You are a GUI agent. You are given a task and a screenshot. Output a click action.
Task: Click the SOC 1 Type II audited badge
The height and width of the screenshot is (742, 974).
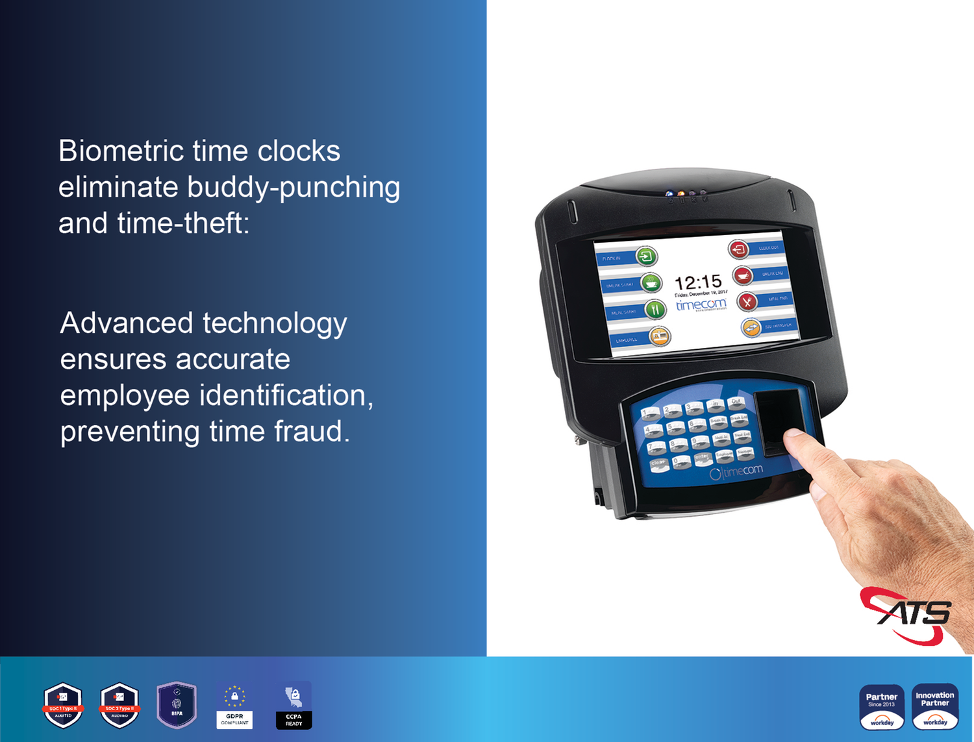click(x=63, y=705)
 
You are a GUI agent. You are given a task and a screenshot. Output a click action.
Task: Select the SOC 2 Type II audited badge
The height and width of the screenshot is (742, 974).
click(x=119, y=705)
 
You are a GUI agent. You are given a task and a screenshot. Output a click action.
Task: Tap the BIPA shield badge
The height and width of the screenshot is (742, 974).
click(x=177, y=704)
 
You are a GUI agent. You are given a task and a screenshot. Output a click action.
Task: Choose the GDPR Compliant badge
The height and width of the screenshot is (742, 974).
click(x=234, y=706)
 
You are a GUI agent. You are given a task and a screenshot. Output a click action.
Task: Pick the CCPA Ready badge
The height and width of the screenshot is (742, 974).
click(x=293, y=706)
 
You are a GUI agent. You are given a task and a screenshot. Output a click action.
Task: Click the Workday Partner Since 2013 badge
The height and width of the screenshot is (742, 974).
click(x=882, y=706)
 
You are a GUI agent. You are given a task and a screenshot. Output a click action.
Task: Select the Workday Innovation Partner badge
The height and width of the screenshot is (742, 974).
click(x=935, y=706)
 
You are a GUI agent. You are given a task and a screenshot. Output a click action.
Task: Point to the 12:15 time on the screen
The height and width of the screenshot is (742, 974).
click(x=698, y=282)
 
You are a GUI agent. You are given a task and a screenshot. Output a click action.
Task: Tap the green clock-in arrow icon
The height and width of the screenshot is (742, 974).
click(x=646, y=256)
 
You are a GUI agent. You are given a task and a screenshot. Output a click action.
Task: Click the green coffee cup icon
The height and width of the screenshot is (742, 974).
click(x=651, y=283)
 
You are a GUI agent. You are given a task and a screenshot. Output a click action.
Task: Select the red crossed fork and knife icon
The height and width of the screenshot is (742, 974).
click(x=747, y=302)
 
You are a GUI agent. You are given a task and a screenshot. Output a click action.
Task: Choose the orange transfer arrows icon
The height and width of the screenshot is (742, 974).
click(x=751, y=328)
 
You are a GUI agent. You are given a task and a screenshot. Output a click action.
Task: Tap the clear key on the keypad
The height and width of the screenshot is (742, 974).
click(x=658, y=464)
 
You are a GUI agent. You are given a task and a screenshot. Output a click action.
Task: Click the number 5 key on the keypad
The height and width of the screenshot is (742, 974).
click(x=675, y=428)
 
